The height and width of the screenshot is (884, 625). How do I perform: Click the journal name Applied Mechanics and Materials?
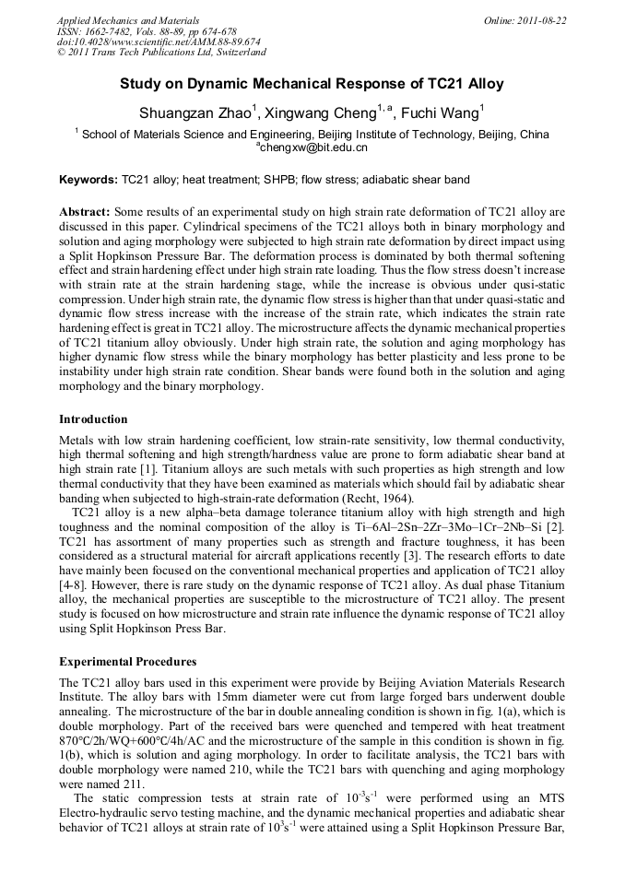[x=127, y=19]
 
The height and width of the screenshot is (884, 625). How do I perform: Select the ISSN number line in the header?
[x=147, y=30]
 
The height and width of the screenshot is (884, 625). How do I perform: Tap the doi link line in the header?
[x=159, y=41]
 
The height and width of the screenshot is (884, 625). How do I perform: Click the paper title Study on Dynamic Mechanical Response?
[x=312, y=84]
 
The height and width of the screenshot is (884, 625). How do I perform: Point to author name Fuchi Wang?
[x=442, y=113]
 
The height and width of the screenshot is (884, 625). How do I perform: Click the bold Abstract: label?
[x=84, y=211]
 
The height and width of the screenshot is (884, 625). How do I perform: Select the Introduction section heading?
[x=93, y=418]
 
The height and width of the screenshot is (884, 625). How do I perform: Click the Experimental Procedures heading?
[x=127, y=661]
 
